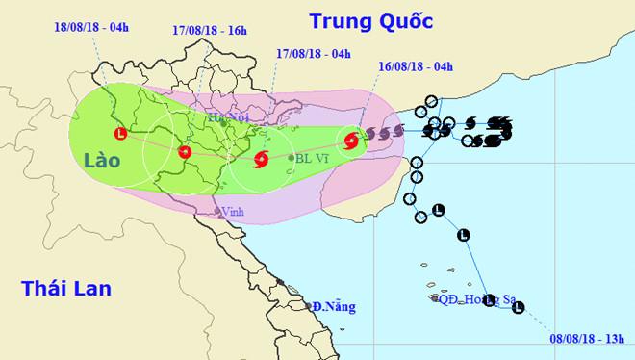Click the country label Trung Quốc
click(x=371, y=20)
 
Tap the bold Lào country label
click(x=101, y=161)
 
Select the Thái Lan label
click(x=66, y=288)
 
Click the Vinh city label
click(x=233, y=211)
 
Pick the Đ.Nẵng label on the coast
click(x=332, y=307)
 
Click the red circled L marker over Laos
click(x=120, y=133)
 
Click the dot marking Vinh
click(x=217, y=213)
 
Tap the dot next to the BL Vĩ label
click(x=291, y=158)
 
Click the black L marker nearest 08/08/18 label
click(x=520, y=308)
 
